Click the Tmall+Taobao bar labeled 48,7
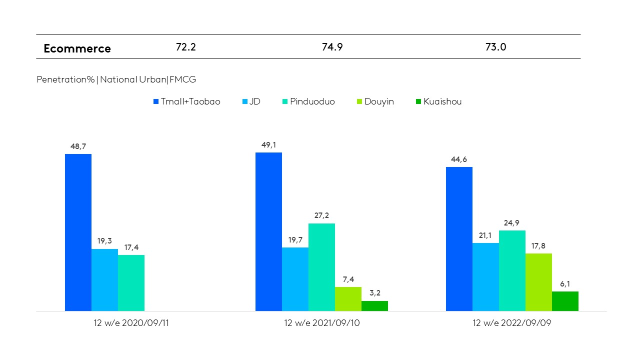click(78, 232)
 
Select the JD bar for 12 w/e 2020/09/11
click(104, 280)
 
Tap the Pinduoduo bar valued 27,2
click(321, 267)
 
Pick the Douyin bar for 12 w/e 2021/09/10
click(348, 299)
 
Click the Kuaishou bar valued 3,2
click(374, 306)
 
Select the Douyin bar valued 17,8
click(538, 282)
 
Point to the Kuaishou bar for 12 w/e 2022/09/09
click(565, 301)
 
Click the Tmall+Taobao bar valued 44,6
click(459, 239)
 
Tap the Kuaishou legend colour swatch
click(418, 102)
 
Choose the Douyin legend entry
click(379, 101)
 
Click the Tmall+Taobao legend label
click(190, 101)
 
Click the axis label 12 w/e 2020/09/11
click(131, 323)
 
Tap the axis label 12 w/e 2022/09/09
click(511, 323)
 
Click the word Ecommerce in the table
click(77, 48)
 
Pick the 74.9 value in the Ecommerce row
click(332, 47)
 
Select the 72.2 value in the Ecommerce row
click(185, 47)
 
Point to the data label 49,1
click(268, 145)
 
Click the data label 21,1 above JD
click(485, 235)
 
